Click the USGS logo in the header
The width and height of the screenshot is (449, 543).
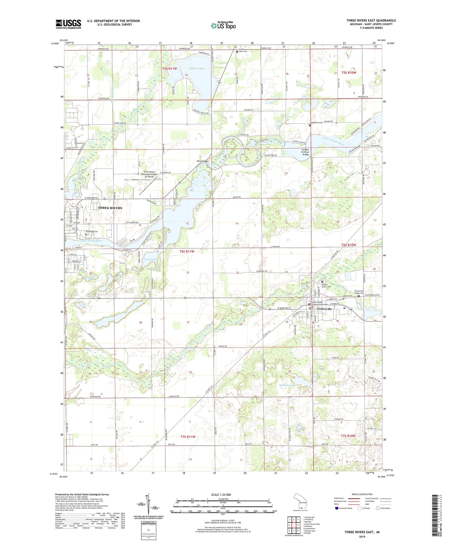tap(68, 24)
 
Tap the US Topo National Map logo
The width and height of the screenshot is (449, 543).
tap(223, 25)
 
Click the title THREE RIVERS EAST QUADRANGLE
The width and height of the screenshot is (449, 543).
tap(371, 21)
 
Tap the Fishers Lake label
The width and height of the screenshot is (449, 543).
tap(196, 68)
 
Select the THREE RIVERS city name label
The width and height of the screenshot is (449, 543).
tap(110, 208)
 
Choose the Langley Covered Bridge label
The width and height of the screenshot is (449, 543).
tap(305, 152)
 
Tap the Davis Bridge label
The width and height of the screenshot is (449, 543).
tap(202, 161)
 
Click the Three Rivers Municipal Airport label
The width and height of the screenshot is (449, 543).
tap(150, 174)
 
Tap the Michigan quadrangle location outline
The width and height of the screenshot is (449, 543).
tap(300, 503)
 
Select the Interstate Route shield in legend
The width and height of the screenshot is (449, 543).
tap(337, 508)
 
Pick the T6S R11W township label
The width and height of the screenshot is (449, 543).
tap(187, 251)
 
